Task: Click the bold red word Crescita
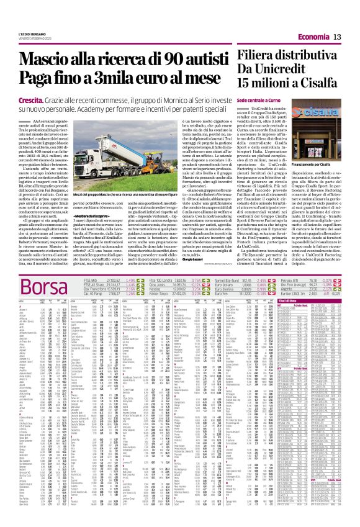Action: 30,99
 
